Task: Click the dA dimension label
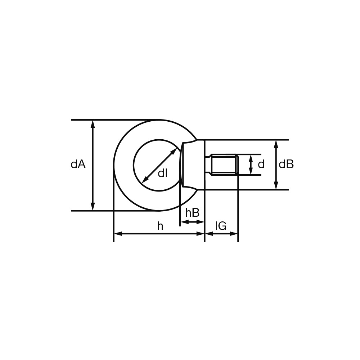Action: tap(78, 165)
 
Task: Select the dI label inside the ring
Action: tap(163, 173)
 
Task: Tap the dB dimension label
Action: tap(286, 165)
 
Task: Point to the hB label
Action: tap(192, 213)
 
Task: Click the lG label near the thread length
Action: tap(221, 226)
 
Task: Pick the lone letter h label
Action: tap(160, 226)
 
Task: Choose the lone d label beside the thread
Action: tap(261, 165)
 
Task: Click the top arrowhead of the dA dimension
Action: tap(93, 124)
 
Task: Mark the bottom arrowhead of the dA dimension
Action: tap(93, 206)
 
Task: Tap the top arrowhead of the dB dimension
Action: tap(276, 144)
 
